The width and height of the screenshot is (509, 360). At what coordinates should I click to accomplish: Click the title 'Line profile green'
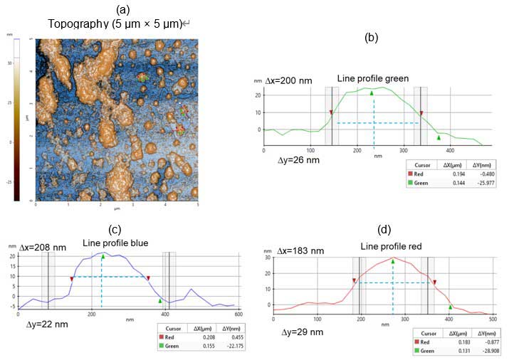373,78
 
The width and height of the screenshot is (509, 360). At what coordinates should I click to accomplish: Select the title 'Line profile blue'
115,243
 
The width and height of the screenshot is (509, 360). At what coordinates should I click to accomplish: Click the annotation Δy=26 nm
298,160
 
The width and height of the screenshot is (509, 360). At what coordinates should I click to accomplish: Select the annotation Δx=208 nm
42,248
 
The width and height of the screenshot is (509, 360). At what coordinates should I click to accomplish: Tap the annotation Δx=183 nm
303,250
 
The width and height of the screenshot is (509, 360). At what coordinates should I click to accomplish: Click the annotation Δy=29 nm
303,332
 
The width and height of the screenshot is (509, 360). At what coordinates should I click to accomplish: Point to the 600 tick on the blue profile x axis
238,313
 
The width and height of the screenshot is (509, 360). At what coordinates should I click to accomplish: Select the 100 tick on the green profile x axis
310,150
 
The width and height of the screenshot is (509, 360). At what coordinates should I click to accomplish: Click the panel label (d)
386,231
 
